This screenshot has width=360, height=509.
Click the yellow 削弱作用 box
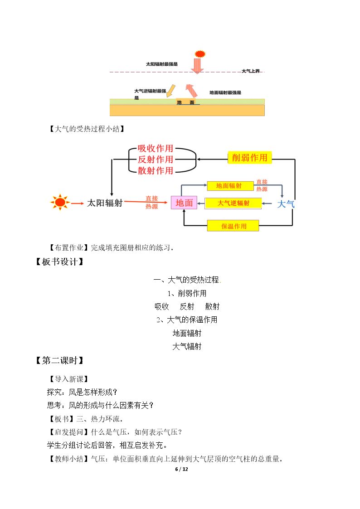coord(249,158)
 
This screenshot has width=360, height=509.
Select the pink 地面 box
coord(184,203)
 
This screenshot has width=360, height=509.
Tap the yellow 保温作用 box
coord(233,226)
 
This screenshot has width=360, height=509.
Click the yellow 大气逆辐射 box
coord(233,203)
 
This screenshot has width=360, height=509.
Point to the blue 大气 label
coord(286,204)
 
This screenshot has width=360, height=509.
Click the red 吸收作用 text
coord(155,148)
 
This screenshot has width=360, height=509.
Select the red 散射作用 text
coord(155,170)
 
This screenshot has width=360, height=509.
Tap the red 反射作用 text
coord(155,160)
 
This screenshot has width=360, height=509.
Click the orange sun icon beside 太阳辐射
coord(60,202)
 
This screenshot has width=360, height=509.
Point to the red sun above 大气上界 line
coord(200,54)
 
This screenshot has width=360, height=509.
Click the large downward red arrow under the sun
coord(197,66)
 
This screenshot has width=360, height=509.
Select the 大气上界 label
coord(251,71)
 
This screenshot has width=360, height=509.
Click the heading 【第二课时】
coord(60,360)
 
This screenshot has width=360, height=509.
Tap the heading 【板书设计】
coord(60,262)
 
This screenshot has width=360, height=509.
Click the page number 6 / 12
coord(181,469)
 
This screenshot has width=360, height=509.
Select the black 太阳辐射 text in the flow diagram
coord(105,203)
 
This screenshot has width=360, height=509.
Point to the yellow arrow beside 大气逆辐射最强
coord(171,91)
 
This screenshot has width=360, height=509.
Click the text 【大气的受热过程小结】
coord(87,129)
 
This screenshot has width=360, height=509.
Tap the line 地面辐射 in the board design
coord(187,333)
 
